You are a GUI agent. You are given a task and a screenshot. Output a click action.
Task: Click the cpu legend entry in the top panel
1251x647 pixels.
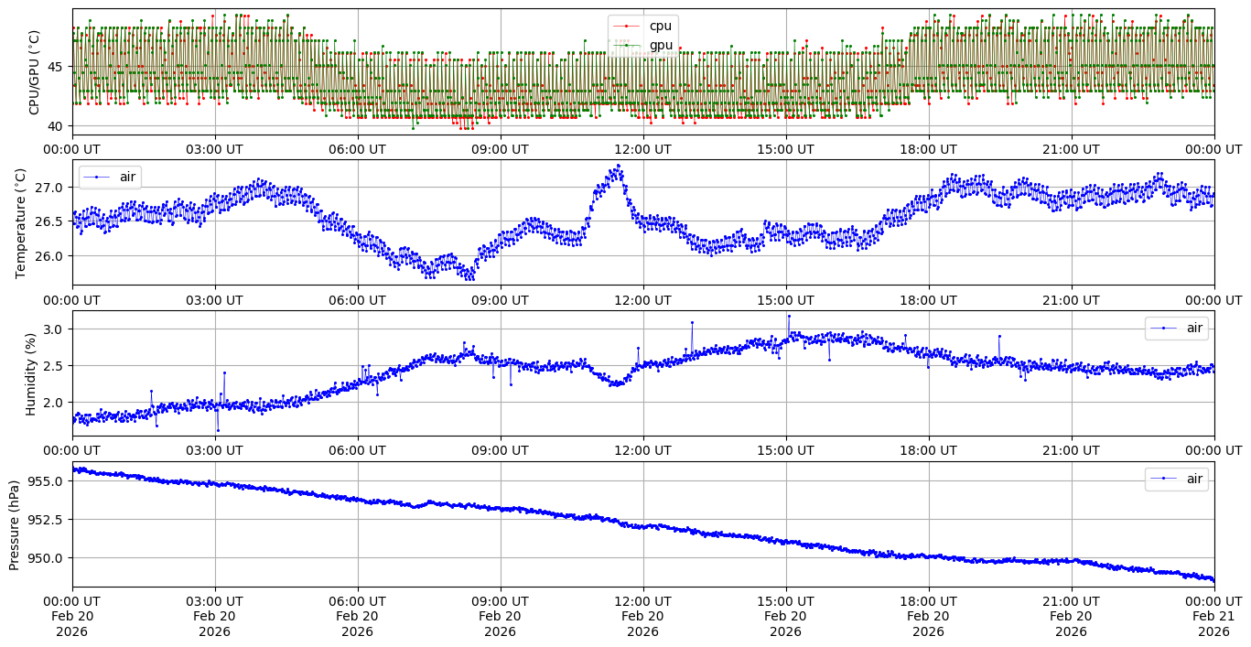tap(660, 26)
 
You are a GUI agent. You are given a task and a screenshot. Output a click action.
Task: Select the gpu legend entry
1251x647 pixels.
tap(660, 45)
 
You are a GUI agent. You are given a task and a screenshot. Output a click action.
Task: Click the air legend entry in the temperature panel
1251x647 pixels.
tap(127, 177)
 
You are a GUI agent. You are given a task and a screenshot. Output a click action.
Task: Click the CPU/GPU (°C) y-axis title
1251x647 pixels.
tap(35, 72)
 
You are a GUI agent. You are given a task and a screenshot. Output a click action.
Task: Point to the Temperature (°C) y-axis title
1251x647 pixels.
tap(22, 222)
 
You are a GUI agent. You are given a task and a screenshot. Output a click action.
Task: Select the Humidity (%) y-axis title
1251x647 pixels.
tap(30, 373)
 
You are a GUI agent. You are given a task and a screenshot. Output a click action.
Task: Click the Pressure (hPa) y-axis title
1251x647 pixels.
tap(15, 524)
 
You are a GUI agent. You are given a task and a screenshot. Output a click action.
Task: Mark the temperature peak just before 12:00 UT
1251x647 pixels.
tap(619, 166)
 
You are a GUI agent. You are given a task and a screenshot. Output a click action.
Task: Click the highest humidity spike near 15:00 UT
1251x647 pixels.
tap(789, 316)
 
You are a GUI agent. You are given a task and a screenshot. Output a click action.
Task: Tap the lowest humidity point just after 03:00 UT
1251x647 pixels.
tap(218, 430)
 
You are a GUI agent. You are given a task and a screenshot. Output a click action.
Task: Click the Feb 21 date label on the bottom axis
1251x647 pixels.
tap(1213, 616)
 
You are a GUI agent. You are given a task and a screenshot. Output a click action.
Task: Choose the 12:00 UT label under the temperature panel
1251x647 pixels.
tap(642, 299)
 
